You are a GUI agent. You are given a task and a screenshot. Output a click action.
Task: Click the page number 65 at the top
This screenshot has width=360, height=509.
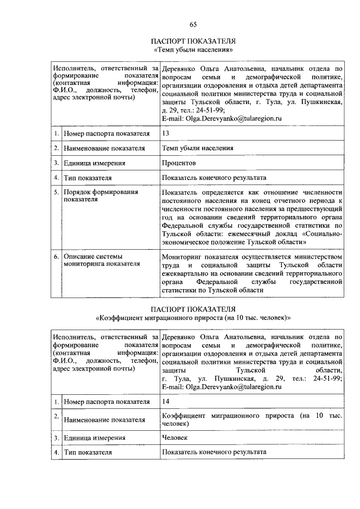(x=193, y=24)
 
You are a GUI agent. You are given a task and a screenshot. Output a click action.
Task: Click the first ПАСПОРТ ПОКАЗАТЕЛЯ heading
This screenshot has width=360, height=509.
(x=193, y=41)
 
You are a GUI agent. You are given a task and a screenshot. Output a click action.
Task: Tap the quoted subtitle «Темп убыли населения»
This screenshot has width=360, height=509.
(x=193, y=49)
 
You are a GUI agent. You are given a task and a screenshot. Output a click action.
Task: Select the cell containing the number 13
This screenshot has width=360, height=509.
(x=165, y=133)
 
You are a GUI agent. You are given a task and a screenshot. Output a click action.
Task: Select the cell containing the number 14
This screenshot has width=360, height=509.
(x=165, y=402)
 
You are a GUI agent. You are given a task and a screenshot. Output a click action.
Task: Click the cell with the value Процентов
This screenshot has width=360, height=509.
(x=178, y=163)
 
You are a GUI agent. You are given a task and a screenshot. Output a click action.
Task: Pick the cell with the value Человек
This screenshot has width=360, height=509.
(x=174, y=438)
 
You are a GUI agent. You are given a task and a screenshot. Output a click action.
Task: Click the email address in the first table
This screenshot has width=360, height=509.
(x=220, y=119)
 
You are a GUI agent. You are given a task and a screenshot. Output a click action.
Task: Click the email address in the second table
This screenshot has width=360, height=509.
(x=220, y=388)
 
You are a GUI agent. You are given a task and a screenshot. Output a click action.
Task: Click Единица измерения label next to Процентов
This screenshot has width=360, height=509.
(x=94, y=163)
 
